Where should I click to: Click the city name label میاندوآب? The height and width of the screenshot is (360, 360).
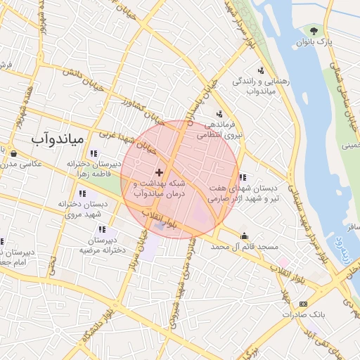(57, 138)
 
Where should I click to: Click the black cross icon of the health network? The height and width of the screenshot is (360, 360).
(160, 172)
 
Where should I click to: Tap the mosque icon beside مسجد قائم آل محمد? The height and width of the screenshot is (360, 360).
(244, 236)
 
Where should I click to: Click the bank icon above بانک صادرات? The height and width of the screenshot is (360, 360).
(303, 303)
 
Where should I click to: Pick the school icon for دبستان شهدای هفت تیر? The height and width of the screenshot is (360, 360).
(243, 177)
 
